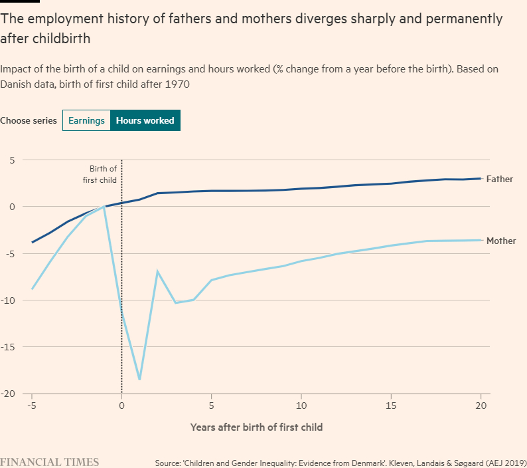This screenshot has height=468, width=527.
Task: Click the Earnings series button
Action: (x=86, y=120)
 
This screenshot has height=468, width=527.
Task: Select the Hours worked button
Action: (x=145, y=120)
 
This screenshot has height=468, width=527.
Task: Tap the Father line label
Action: (x=499, y=179)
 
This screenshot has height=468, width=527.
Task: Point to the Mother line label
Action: (x=501, y=241)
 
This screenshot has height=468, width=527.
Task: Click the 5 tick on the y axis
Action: (x=12, y=160)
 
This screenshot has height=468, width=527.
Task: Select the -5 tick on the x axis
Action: (x=31, y=406)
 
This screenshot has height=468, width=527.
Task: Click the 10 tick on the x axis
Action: (x=301, y=406)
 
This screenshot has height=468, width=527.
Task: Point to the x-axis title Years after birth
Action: (x=256, y=427)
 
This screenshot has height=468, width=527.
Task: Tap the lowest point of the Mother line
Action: (x=139, y=380)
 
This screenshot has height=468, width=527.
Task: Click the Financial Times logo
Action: (x=50, y=461)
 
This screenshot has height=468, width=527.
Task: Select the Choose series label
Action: (x=29, y=120)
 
